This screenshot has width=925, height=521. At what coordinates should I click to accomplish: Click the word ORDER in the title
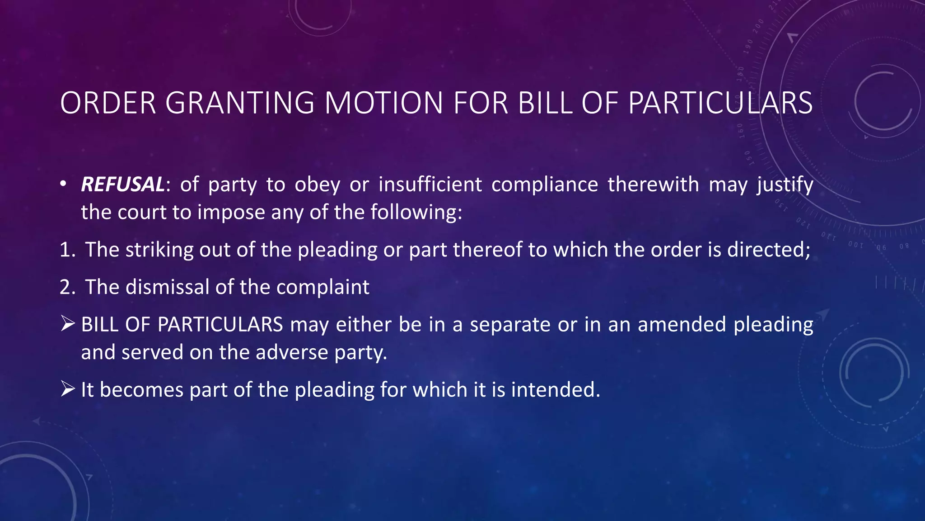pyautogui.click(x=108, y=103)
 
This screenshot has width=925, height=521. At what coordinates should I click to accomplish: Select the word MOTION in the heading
pyautogui.click(x=384, y=103)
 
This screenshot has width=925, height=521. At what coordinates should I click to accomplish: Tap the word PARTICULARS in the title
pyautogui.click(x=720, y=103)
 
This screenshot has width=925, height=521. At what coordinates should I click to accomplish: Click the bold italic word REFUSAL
pyautogui.click(x=122, y=185)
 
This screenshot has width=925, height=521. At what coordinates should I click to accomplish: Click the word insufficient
pyautogui.click(x=430, y=185)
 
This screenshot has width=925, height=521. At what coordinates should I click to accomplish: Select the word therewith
pyautogui.click(x=653, y=185)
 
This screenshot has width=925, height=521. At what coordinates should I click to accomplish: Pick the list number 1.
pyautogui.click(x=67, y=250)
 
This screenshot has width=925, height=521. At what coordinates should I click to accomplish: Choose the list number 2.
pyautogui.click(x=67, y=287)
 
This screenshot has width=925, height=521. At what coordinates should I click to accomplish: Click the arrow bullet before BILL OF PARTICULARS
pyautogui.click(x=67, y=324)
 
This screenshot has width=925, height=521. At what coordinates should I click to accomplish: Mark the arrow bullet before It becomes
pyautogui.click(x=67, y=389)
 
